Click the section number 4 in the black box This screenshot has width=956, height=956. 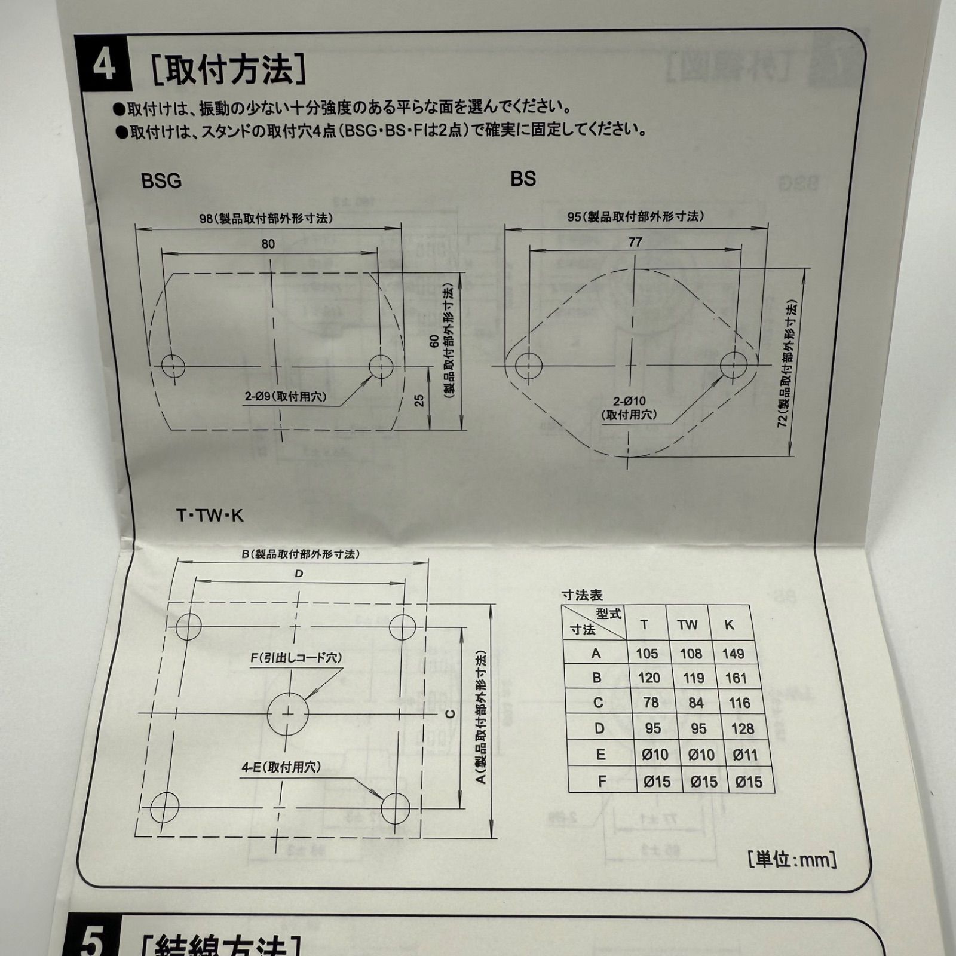tap(103, 66)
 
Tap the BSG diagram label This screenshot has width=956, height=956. tap(161, 180)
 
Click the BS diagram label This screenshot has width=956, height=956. tap(523, 179)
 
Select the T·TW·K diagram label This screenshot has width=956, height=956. tap(210, 516)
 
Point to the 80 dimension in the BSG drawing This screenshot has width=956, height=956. tap(268, 244)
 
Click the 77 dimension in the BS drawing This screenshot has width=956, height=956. tap(635, 242)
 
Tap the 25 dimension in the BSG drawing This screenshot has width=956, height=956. tap(419, 400)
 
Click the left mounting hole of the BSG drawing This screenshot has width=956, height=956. tap(173, 366)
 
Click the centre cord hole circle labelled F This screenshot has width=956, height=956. tap(287, 713)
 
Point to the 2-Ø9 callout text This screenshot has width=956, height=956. tap(285, 397)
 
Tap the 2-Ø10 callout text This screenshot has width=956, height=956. tap(630, 407)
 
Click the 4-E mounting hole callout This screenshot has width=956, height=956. tap(281, 768)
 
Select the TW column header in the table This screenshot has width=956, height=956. tap(687, 625)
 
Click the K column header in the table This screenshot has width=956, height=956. tap(729, 625)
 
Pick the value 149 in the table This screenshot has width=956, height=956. tap(733, 654)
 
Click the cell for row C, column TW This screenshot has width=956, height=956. tap(695, 703)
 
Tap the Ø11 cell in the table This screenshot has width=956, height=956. tap(745, 755)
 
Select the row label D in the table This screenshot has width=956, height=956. tap(599, 728)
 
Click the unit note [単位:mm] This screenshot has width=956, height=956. tap(792, 860)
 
